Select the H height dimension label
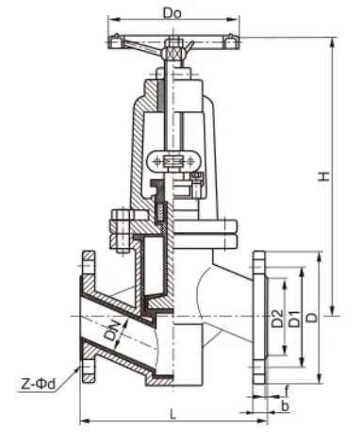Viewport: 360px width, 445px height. (x=323, y=176)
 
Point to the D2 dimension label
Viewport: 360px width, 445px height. (x=277, y=321)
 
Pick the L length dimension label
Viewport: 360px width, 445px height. (x=171, y=411)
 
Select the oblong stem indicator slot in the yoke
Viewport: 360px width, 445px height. (x=173, y=162)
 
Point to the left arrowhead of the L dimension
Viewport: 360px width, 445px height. (x=83, y=420)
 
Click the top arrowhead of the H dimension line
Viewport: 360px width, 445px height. (x=333, y=41)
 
